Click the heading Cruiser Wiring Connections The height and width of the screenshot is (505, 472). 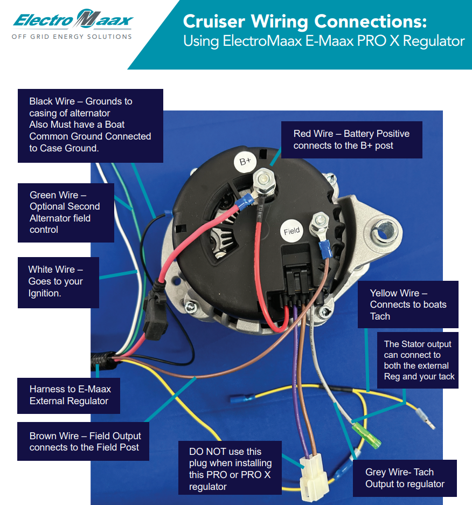304,22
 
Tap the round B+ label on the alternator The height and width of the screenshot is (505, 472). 245,161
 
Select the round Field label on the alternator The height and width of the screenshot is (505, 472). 291,231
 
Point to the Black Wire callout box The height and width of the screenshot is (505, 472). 90,125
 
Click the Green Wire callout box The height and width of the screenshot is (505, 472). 65,212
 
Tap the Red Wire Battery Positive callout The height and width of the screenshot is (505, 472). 351,140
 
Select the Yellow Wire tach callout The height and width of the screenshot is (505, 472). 408,305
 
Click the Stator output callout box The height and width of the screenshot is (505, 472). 419,360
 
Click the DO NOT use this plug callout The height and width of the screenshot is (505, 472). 231,469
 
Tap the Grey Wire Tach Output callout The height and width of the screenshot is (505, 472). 405,478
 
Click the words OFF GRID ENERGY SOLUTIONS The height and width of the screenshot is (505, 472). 72,37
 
